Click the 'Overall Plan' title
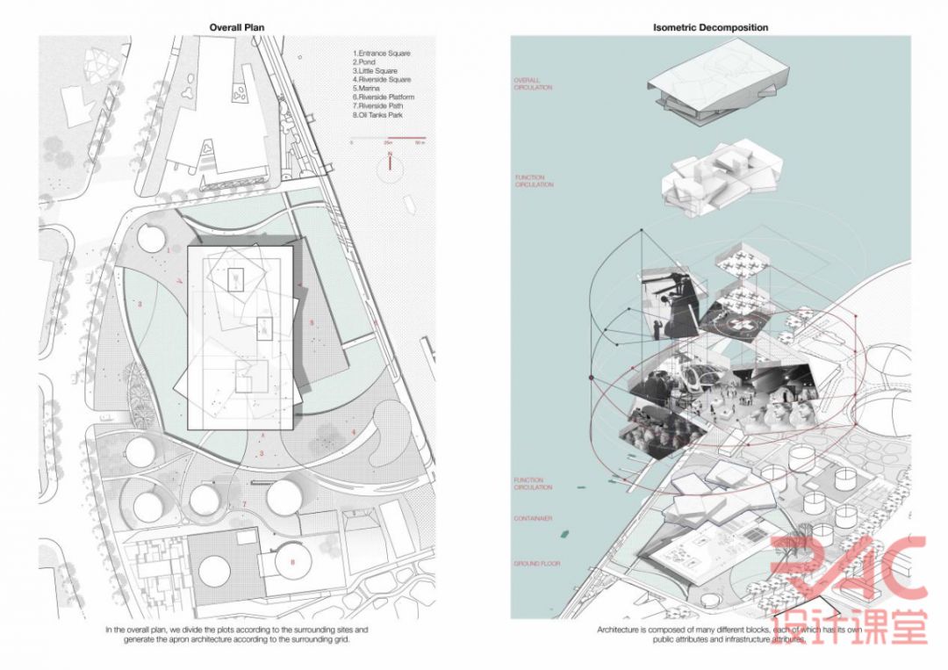click(236, 27)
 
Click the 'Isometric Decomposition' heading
click(710, 27)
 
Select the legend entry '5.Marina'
click(368, 88)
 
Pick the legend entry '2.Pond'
click(364, 62)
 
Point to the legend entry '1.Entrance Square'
click(381, 54)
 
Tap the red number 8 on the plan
click(292, 562)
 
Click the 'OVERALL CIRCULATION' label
click(533, 84)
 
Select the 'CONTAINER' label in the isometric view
click(532, 519)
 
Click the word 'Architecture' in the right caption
click(619, 630)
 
